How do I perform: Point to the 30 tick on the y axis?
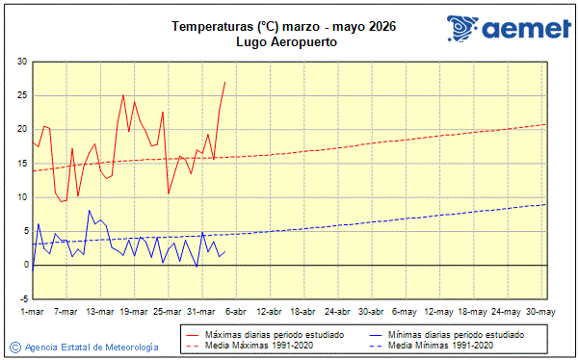pos(21,62)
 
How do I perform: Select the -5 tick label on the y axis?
pos(19,298)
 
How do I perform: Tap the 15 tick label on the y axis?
pos(21,164)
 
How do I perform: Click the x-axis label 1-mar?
pos(33,312)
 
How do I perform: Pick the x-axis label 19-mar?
pos(134,312)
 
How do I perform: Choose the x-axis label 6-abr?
pos(235,312)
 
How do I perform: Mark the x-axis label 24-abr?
pos(337,312)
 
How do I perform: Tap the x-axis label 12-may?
pos(438,312)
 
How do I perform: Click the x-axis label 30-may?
pos(540,312)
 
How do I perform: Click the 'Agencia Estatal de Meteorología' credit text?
pos(92,347)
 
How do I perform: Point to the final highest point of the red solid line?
pos(224,82)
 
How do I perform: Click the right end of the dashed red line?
pos(545,124)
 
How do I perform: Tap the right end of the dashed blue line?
pos(545,204)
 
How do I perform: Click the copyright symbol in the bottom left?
pos(15,347)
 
